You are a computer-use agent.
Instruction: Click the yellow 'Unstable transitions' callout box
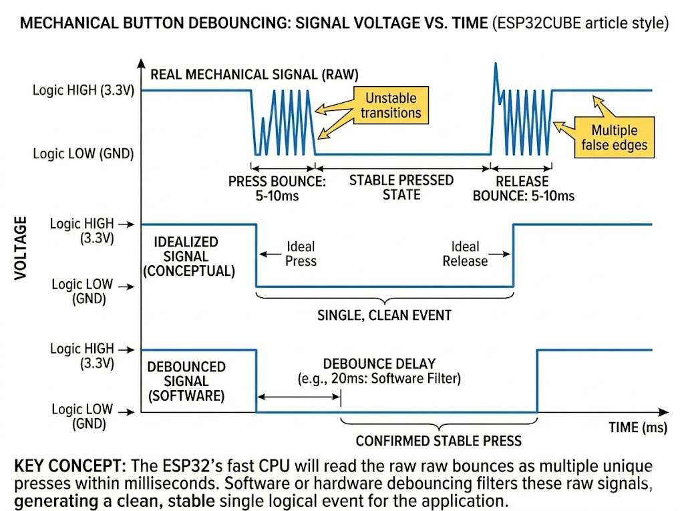point(391,105)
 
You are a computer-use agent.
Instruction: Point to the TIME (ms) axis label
point(637,428)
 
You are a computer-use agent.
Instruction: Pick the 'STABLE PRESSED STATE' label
point(401,188)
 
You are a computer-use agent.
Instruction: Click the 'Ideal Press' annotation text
point(301,253)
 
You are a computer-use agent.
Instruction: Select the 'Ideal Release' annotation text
point(465,254)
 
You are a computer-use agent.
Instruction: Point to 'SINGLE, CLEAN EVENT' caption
point(384,315)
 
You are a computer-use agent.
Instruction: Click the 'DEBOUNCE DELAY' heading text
point(379,364)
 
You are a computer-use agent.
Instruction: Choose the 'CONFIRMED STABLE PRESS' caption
point(438,441)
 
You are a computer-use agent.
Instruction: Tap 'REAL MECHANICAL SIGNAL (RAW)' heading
point(254,74)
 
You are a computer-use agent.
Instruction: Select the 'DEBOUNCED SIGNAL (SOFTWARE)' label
point(186,381)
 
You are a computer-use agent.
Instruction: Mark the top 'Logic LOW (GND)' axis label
point(83,154)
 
